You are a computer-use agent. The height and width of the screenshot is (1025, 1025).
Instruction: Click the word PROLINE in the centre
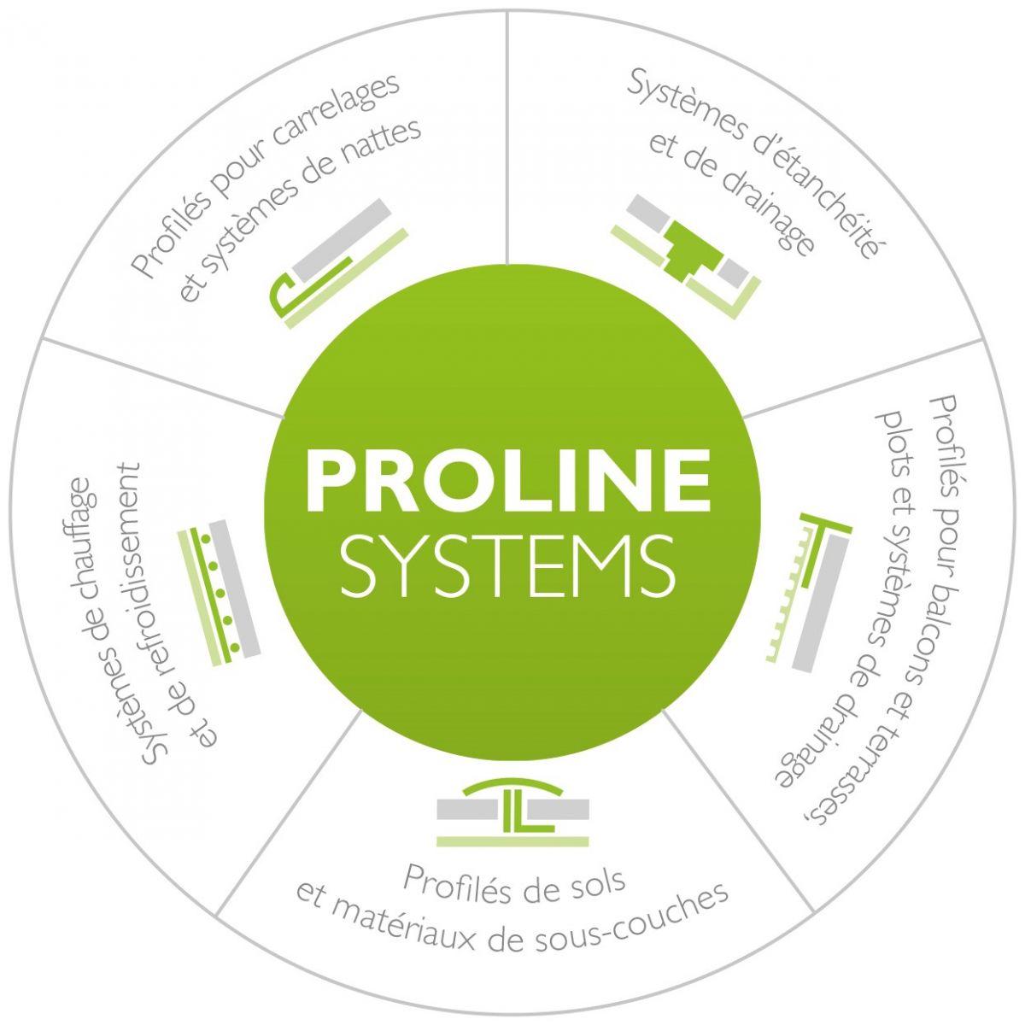click(x=509, y=478)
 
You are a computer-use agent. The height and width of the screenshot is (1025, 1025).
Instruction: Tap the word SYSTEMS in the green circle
click(x=509, y=566)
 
